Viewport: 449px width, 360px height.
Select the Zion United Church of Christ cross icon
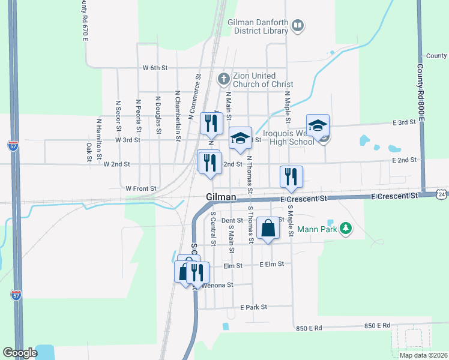pos(223,78)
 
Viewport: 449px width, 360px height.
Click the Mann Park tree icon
pos(345,228)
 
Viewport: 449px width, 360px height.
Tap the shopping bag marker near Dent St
pos(268,229)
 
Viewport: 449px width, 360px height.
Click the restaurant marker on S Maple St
pos(291,176)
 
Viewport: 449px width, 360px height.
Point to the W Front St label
pos(140,188)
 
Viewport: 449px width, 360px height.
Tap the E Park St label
pos(252,307)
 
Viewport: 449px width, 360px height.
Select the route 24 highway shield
pos(442,194)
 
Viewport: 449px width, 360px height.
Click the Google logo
pos(20,353)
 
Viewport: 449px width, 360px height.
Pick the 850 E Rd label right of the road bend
pos(377,326)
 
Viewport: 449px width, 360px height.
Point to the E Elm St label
pos(272,264)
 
